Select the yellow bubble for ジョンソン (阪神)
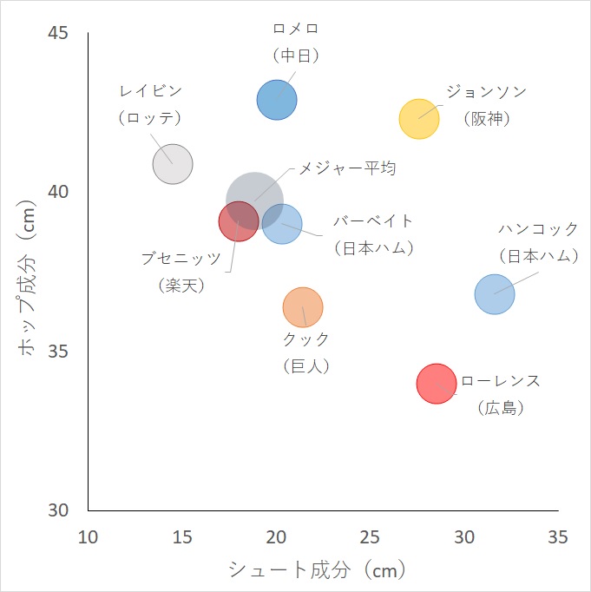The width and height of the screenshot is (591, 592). point(419,118)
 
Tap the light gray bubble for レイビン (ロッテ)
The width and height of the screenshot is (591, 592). point(173,163)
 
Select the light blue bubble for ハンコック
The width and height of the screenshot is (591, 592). point(495,293)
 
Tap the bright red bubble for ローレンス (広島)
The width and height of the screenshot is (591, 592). point(436,383)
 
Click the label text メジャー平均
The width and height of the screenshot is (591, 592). point(347,168)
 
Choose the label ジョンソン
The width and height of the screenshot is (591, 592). point(486,91)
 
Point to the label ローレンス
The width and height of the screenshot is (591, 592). point(501,381)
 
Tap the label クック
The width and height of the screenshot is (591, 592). point(306,339)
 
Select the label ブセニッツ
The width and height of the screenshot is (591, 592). point(181,258)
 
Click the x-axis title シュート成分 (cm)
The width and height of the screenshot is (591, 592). point(317,570)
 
